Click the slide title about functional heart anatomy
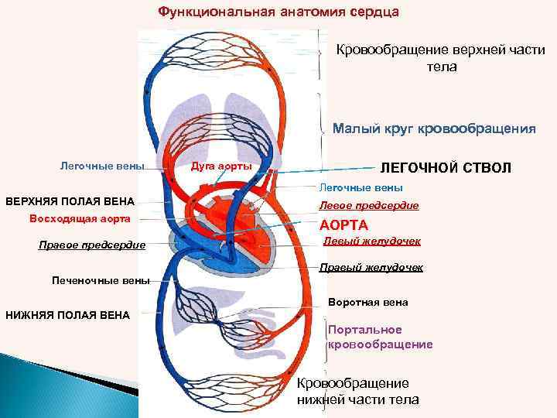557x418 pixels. pyautogui.click(x=278, y=12)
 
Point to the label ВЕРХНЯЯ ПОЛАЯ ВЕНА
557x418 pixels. pyautogui.click(x=70, y=201)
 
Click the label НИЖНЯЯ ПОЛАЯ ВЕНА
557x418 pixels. pyautogui.click(x=67, y=314)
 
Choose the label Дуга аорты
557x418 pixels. pyautogui.click(x=220, y=166)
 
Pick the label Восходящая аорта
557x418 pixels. pyautogui.click(x=80, y=218)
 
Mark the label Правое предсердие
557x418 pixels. pyautogui.click(x=91, y=245)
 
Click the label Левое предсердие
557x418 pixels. pyautogui.click(x=369, y=206)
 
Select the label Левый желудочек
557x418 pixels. pyautogui.click(x=372, y=242)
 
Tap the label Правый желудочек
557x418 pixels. pyautogui.click(x=371, y=268)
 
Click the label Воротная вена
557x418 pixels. pyautogui.click(x=367, y=302)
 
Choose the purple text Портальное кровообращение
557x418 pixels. pyautogui.click(x=380, y=337)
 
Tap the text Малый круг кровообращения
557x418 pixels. pyautogui.click(x=433, y=129)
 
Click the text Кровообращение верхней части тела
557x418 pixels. pyautogui.click(x=439, y=58)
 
